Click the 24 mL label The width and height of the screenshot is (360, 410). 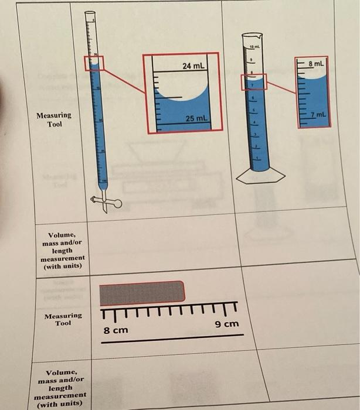pos(193,66)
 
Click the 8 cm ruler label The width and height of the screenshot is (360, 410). pos(116,330)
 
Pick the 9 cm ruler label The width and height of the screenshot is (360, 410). pos(227,324)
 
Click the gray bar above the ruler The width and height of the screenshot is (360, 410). pos(142,293)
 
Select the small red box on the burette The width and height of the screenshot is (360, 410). pos(94,63)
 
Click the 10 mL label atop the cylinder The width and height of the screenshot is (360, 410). pos(253,45)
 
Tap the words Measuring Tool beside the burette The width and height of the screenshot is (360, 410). pos(53,119)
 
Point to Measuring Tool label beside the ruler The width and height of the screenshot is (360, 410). pos(63,319)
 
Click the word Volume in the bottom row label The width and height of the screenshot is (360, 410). pos(61,372)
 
